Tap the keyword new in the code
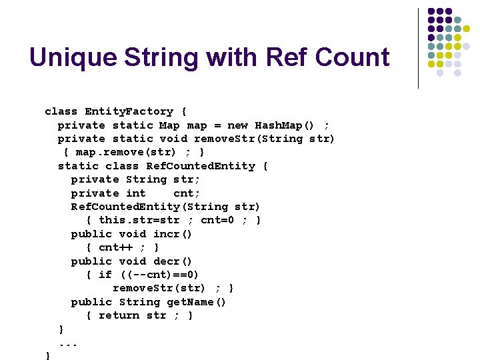point(238,125)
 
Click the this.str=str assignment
point(139,221)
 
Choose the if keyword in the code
point(105,275)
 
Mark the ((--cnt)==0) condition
point(159,275)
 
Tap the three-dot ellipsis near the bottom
point(68,343)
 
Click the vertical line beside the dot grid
point(418,48)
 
